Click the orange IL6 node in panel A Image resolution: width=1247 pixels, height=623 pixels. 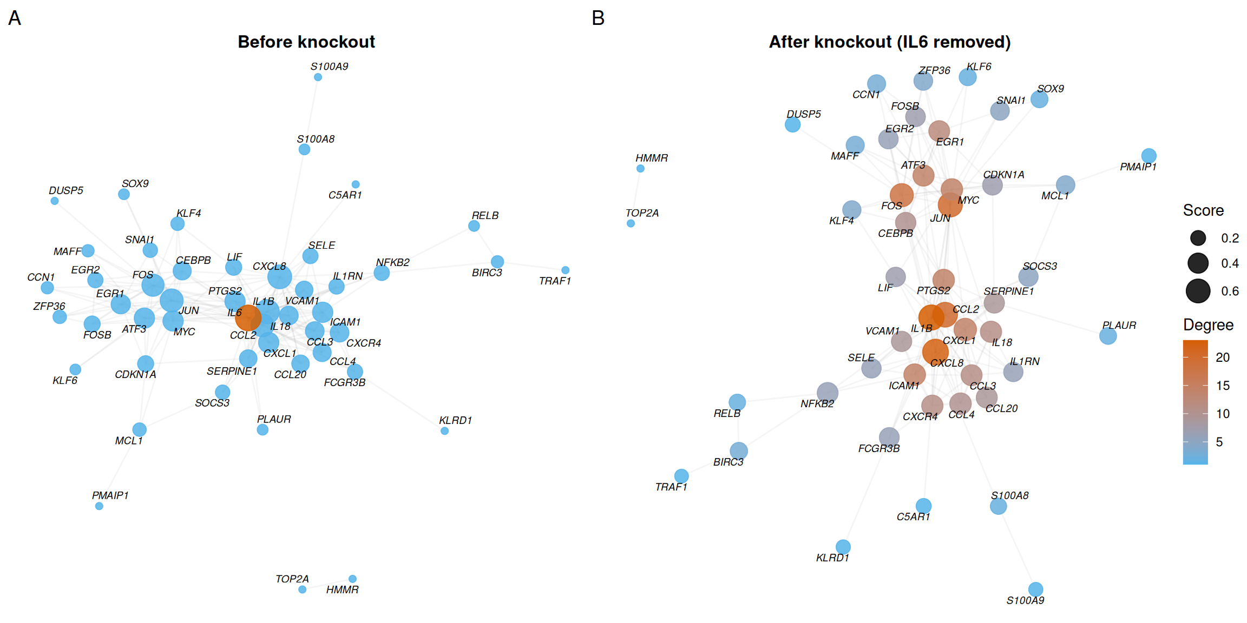point(248,317)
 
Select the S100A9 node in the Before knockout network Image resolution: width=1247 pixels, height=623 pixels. point(318,77)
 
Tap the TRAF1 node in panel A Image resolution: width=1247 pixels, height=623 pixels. point(565,270)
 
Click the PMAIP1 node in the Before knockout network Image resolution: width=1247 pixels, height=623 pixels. point(99,506)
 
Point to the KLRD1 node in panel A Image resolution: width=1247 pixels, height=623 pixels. point(444,431)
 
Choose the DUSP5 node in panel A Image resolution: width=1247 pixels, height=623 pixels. point(55,201)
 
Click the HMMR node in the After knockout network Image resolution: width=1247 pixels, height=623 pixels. point(640,169)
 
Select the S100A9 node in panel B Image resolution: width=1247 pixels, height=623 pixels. point(1035,589)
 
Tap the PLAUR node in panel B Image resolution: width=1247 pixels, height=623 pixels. point(1108,336)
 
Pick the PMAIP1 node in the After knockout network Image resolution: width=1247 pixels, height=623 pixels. point(1148,156)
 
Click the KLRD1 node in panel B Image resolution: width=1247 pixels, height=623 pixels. point(843,546)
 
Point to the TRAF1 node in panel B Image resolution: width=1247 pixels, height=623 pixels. point(681,476)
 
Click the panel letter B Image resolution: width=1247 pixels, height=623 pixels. point(598,18)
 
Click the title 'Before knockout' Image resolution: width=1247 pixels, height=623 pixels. point(306,42)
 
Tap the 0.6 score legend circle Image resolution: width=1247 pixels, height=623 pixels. point(1198,291)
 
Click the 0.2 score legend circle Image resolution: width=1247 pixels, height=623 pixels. point(1198,238)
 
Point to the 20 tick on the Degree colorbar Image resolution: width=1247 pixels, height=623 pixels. point(1222,357)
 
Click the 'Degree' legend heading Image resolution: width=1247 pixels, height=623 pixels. point(1208,324)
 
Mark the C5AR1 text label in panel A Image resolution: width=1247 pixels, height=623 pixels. point(345,195)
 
